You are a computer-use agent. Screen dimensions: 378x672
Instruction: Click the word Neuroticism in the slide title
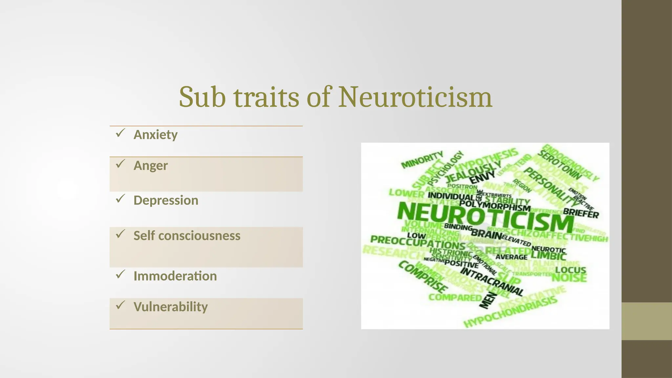coord(415,97)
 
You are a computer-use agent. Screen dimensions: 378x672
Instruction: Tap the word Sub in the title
coord(202,97)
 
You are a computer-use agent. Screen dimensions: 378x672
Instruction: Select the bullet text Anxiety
coord(156,135)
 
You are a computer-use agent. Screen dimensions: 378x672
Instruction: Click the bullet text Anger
coord(151,166)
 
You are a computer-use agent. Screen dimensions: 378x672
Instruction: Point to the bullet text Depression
coord(166,200)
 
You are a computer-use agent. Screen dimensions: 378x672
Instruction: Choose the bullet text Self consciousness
coord(187,236)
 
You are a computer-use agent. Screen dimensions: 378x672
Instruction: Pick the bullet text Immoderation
coord(175,276)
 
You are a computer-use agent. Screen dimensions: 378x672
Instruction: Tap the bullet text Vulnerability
coord(171,307)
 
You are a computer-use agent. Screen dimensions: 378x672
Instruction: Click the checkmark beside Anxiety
coord(120,133)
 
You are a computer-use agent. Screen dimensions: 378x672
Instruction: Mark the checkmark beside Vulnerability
coord(120,305)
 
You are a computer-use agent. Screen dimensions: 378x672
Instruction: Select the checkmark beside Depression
coord(120,199)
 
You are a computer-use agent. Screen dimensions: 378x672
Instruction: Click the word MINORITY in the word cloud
coord(422,159)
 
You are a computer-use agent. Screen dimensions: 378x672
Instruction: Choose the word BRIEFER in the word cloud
coord(581,213)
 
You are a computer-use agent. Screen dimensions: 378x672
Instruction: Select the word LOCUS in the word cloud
coord(571,270)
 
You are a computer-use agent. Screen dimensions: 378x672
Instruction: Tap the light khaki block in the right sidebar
coord(646,321)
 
